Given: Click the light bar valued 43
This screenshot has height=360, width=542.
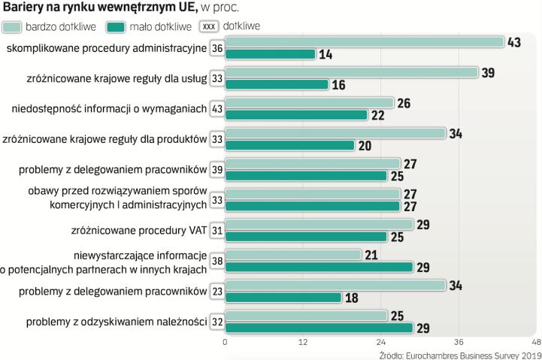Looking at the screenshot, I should pos(365,42).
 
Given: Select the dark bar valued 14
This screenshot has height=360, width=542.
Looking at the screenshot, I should pos(270,54).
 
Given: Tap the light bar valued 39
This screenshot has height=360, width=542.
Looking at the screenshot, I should pos(352,72).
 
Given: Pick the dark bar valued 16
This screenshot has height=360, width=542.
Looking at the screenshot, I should pos(277,84).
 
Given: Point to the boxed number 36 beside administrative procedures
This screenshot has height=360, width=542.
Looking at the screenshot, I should pos(217,49).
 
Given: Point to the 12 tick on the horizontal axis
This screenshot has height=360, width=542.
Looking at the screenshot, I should pos(303,342).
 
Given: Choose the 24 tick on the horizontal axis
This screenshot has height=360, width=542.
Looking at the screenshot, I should pos(381,342).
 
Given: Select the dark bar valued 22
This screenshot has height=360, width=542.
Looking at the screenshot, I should pos(296,115).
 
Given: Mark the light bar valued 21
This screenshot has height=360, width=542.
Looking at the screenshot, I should pos(293,255).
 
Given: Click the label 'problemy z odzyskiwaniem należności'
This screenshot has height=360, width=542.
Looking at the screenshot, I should pos(117,322).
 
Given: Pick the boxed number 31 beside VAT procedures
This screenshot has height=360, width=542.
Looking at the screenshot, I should pos(217,231).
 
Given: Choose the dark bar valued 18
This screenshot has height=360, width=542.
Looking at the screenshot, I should pos(283,297).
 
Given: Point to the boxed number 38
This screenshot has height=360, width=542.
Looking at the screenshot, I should pos(217,261).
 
